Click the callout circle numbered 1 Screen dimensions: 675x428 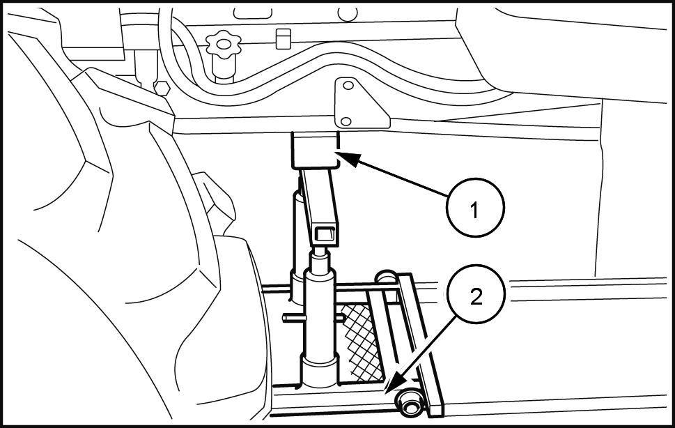tap(475, 208)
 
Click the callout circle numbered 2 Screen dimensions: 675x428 tap(476, 298)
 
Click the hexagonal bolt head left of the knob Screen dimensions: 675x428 tap(161, 87)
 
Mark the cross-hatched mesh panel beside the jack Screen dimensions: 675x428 tap(360, 339)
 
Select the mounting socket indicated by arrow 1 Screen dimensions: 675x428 tap(314, 149)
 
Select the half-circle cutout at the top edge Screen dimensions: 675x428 tap(348, 13)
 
